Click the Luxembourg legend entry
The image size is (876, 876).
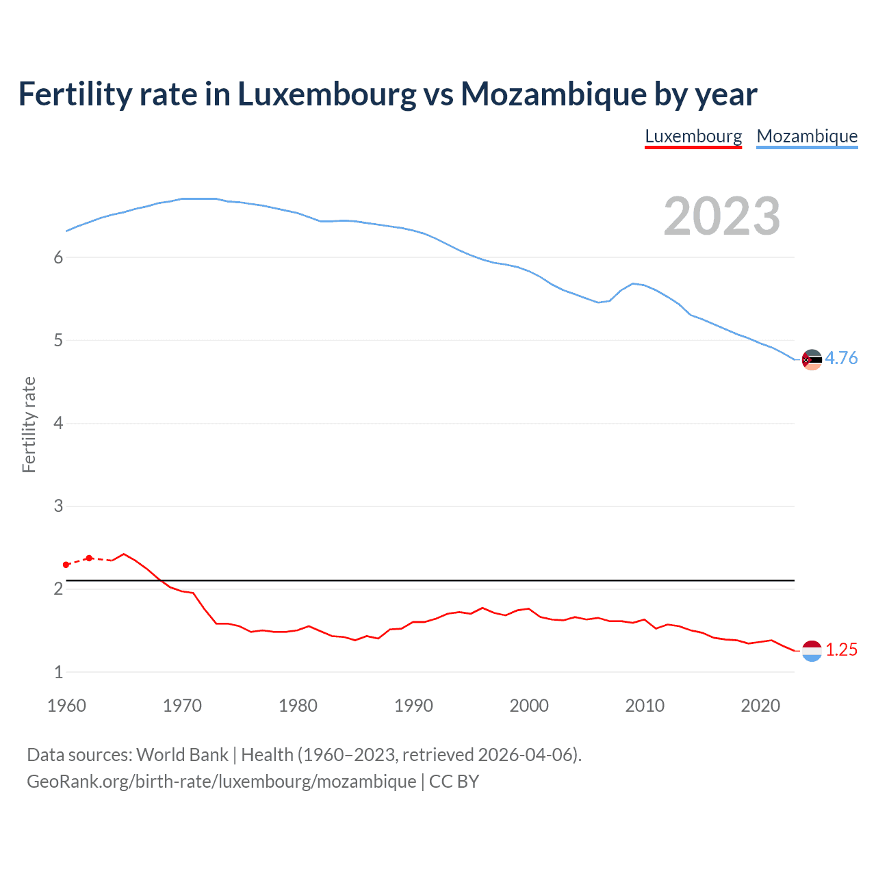tap(693, 136)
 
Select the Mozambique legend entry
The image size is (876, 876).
tap(807, 136)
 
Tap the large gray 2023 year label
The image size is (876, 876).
tap(722, 216)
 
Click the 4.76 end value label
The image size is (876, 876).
tap(841, 358)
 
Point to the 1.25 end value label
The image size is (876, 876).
tap(841, 649)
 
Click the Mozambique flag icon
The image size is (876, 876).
tap(812, 359)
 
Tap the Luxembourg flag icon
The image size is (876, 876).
tap(812, 651)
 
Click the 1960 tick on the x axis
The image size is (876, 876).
tap(66, 706)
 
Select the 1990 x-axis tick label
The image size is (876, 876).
tap(413, 706)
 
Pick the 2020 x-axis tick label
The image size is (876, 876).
tap(760, 706)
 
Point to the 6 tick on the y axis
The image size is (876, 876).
tap(58, 257)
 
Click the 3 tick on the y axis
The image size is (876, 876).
tap(58, 506)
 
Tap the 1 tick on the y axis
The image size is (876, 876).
tap(58, 672)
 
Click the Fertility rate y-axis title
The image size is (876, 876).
tap(29, 424)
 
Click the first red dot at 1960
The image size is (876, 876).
tap(66, 565)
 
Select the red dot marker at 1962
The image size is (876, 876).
tap(89, 558)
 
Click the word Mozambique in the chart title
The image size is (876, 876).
tap(553, 94)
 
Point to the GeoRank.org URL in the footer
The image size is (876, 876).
tap(221, 782)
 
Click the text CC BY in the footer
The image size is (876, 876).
tap(454, 782)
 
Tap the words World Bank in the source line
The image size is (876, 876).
tap(182, 755)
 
